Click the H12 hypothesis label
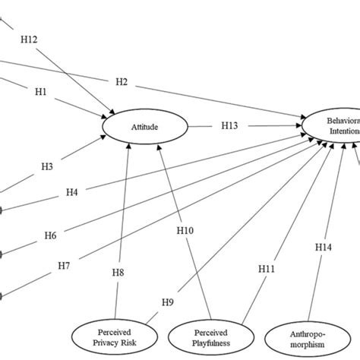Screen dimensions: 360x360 27,39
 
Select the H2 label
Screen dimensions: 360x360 122,81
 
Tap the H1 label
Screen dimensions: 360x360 41,92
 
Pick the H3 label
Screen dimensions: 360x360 47,166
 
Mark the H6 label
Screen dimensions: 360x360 49,236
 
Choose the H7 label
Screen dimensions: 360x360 66,266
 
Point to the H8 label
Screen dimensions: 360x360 119,271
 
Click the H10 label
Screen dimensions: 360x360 185,229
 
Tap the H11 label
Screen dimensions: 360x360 266,269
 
